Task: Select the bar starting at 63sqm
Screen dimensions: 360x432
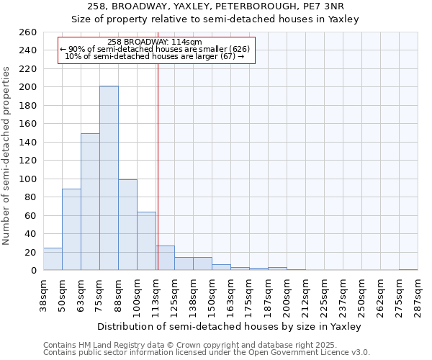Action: click(x=90, y=202)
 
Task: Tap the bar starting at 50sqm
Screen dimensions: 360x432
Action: click(x=71, y=229)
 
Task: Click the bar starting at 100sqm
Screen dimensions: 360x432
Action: click(x=146, y=240)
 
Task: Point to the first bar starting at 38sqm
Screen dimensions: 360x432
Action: click(x=53, y=259)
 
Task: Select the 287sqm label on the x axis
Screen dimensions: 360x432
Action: click(x=418, y=293)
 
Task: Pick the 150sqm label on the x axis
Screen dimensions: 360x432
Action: click(x=212, y=293)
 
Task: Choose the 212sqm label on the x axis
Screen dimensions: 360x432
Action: click(x=305, y=293)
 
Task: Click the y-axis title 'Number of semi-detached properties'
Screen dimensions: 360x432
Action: click(x=7, y=156)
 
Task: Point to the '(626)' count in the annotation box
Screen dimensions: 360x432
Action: click(x=239, y=49)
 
